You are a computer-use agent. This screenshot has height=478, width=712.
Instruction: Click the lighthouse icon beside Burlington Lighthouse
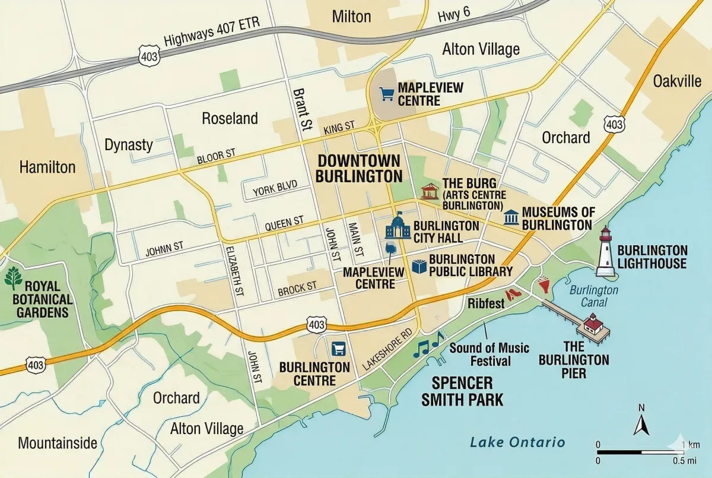[605, 252]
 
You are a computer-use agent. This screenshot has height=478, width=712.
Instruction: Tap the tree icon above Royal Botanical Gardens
[13, 278]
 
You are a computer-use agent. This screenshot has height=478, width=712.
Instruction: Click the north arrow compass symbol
[641, 422]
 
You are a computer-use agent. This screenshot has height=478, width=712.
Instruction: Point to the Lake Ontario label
[517, 442]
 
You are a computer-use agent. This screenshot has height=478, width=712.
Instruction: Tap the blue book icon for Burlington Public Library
[419, 267]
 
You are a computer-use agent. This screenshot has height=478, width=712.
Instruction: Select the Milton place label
[351, 16]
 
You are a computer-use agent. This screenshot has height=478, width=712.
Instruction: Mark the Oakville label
[677, 81]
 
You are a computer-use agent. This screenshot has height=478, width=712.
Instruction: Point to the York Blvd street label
[274, 188]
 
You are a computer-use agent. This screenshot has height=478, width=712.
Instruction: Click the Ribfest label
[486, 303]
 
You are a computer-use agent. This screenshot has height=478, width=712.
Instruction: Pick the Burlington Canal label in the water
[593, 296]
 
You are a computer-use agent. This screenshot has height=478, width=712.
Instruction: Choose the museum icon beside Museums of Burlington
[511, 217]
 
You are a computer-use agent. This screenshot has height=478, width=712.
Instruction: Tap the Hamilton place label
[47, 167]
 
